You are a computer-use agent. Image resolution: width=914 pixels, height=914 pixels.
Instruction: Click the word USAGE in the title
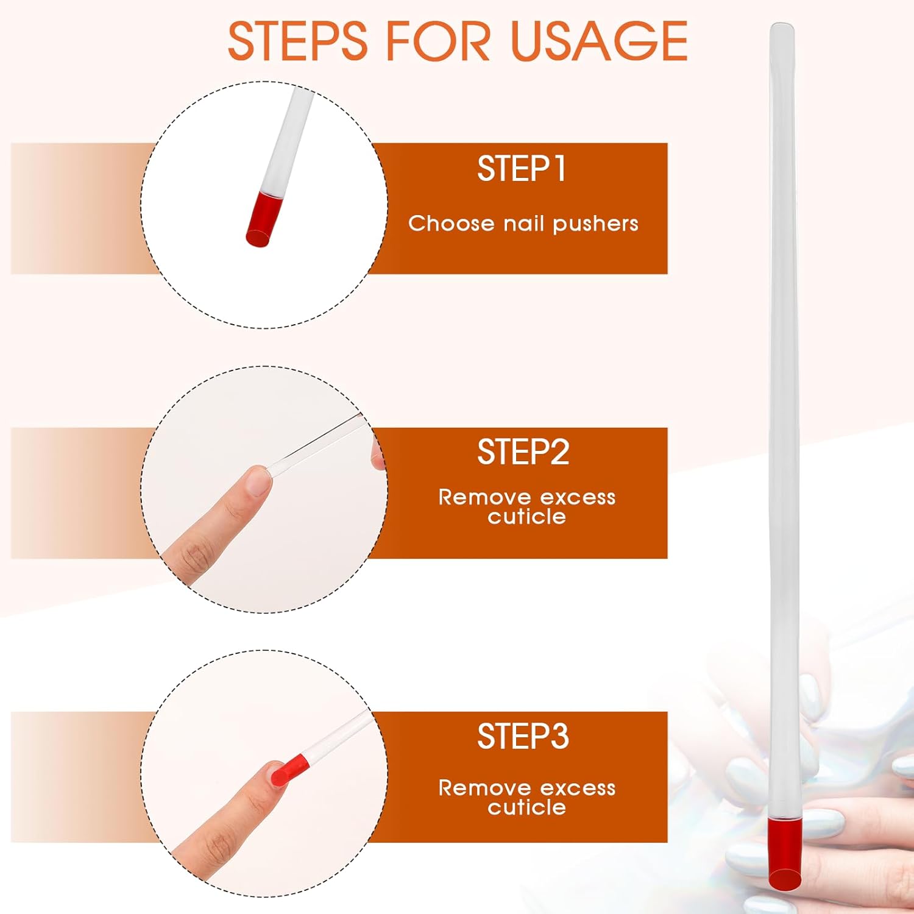[x=600, y=41]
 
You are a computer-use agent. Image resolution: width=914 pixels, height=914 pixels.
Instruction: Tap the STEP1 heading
[x=522, y=169]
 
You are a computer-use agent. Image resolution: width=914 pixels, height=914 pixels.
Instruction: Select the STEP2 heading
[x=523, y=452]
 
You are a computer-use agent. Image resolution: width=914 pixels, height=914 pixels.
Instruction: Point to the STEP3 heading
[x=523, y=737]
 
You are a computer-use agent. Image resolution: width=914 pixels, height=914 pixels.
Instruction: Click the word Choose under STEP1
[x=452, y=223]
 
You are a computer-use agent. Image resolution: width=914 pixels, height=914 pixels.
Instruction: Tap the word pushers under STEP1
[x=595, y=224]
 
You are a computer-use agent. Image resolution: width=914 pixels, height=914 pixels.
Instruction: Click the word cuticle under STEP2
[x=526, y=517]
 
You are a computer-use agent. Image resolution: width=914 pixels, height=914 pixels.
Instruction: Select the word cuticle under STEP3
[x=526, y=807]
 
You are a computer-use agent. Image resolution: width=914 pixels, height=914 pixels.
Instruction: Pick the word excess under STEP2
[x=578, y=497]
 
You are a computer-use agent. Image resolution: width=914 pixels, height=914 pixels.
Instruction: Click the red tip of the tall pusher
[x=784, y=854]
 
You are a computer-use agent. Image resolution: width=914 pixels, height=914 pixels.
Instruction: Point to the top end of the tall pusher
[x=782, y=25]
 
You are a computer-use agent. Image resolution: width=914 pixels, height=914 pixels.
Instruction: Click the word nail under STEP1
[x=523, y=223]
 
